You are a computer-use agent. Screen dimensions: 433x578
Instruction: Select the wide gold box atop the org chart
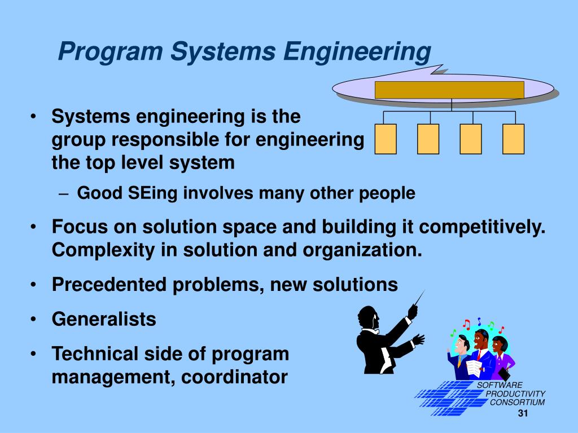[x=449, y=90]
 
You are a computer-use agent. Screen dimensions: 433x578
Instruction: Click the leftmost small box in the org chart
[x=385, y=139]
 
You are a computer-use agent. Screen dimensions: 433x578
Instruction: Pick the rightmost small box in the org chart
[x=513, y=139]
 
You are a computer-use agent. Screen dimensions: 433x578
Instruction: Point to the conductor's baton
[x=419, y=298]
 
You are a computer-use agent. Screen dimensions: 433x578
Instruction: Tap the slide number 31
[x=522, y=414]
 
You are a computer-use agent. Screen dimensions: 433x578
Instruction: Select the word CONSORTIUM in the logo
[x=517, y=402]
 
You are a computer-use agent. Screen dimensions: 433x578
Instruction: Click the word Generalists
[x=104, y=320]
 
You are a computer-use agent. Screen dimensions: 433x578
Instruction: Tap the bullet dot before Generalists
[x=36, y=320]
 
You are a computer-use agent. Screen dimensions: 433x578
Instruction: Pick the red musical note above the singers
[x=466, y=324]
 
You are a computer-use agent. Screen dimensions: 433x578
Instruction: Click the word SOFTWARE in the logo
[x=492, y=385]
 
